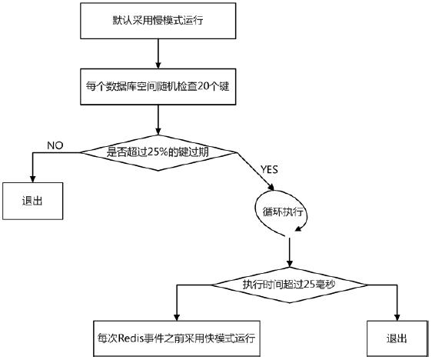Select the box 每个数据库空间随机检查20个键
click(158, 85)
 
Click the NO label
click(55, 145)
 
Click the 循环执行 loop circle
click(279, 208)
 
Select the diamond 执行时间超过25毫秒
click(289, 285)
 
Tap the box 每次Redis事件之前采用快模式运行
click(177, 338)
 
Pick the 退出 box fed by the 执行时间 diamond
click(397, 338)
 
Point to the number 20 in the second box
click(201, 85)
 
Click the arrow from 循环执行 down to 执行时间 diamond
click(289, 250)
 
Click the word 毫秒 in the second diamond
click(327, 285)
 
